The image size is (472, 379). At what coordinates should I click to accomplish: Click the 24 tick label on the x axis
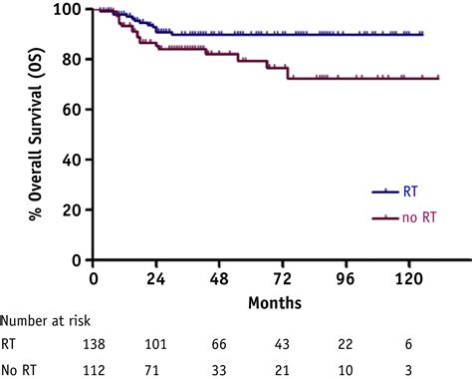pyautogui.click(x=154, y=278)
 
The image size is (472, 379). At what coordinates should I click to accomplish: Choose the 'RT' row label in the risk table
pyautogui.click(x=11, y=344)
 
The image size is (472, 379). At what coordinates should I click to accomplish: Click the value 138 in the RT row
pyautogui.click(x=90, y=344)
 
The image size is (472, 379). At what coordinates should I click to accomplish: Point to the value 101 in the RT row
pyautogui.click(x=154, y=344)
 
